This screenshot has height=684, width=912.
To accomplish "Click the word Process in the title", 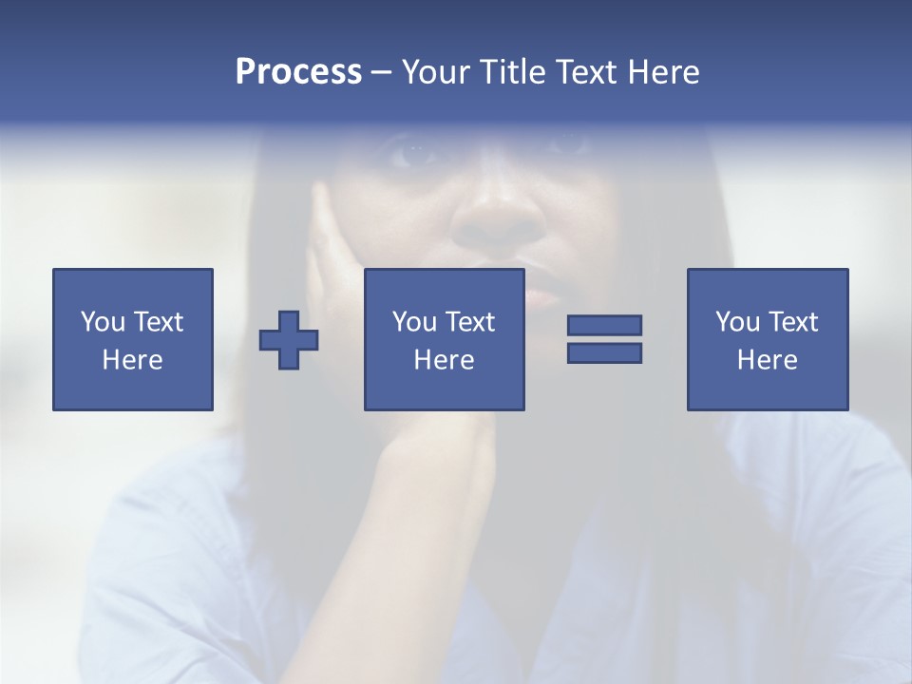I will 298,71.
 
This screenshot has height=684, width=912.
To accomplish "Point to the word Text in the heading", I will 585,71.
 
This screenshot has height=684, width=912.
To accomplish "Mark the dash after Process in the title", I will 381,73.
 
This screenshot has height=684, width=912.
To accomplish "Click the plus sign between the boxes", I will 289,339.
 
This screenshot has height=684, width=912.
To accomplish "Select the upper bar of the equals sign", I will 604,325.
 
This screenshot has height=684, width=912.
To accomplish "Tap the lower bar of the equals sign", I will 604,352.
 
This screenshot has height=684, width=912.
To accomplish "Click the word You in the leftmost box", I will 104,321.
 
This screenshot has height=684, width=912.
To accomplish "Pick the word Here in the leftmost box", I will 132,360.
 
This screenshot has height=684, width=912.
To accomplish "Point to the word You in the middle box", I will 415,321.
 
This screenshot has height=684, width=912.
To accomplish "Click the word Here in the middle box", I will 444,360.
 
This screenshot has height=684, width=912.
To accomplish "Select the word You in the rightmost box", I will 738,321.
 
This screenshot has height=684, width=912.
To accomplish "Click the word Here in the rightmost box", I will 767,360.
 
